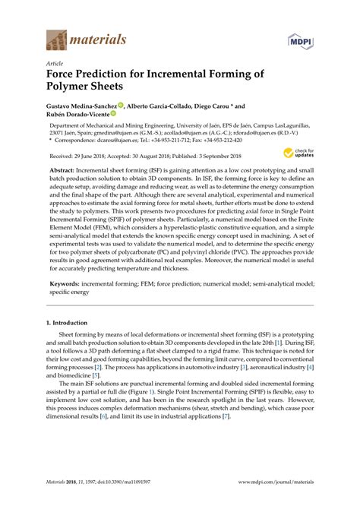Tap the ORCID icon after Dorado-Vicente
[113, 113]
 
